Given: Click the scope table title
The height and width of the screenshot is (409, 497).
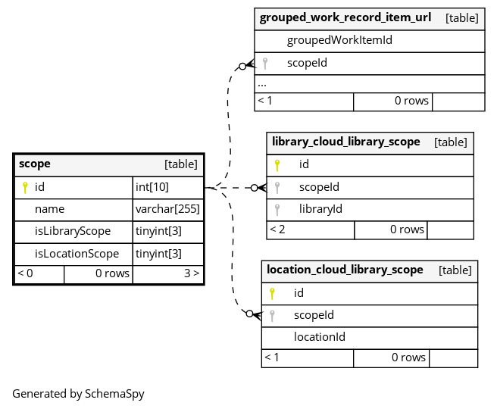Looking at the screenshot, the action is click(x=35, y=164).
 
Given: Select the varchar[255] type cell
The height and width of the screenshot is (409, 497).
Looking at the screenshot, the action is click(x=167, y=209).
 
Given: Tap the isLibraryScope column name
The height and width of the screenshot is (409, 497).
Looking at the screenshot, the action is click(x=73, y=231).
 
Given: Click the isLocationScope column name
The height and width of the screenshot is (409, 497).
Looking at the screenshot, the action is click(x=77, y=254).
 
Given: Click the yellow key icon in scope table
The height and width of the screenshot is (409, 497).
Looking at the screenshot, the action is click(x=25, y=187).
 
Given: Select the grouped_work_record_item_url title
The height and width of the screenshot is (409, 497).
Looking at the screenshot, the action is click(x=345, y=17).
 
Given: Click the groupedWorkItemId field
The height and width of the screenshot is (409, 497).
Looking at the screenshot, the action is click(x=339, y=41).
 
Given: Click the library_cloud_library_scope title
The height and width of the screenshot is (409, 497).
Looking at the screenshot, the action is click(x=345, y=142).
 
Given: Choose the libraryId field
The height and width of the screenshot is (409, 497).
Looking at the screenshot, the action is click(x=320, y=209).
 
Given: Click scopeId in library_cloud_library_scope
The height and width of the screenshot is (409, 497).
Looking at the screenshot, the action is click(x=319, y=187).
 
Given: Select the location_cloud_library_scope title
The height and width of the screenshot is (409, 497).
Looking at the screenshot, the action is click(x=345, y=270).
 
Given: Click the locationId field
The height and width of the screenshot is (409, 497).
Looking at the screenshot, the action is click(x=320, y=337).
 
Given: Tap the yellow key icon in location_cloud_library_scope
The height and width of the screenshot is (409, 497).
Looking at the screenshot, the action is click(x=272, y=293).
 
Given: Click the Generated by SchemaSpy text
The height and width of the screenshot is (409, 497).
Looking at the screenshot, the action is click(x=78, y=394).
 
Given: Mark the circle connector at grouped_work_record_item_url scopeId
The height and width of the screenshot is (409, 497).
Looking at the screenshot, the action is click(x=242, y=67).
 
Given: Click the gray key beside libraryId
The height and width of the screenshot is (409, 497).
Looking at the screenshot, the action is click(x=277, y=210).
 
